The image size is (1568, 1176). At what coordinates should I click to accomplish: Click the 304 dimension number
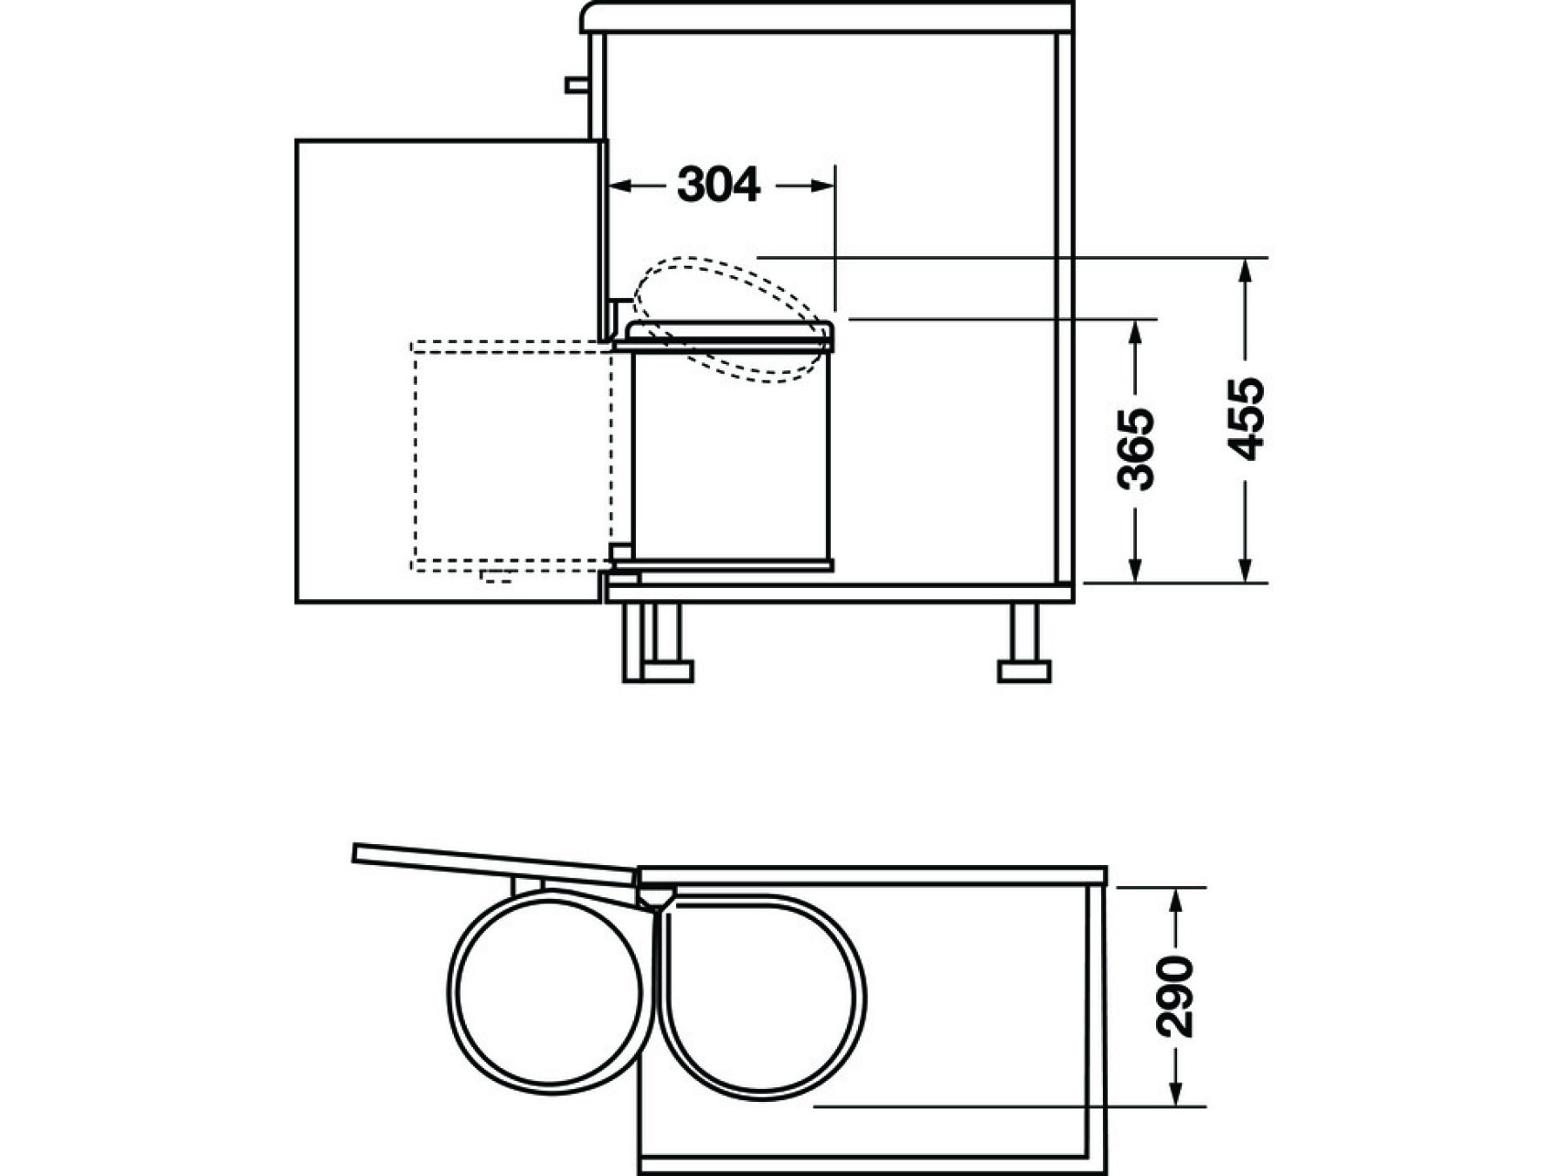coord(719,186)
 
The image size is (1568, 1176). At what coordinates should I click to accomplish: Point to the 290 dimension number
coord(1174,997)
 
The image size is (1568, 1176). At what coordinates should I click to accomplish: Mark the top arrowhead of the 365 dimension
coord(1136,333)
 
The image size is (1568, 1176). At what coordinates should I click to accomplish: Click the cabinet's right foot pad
coord(1024,672)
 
